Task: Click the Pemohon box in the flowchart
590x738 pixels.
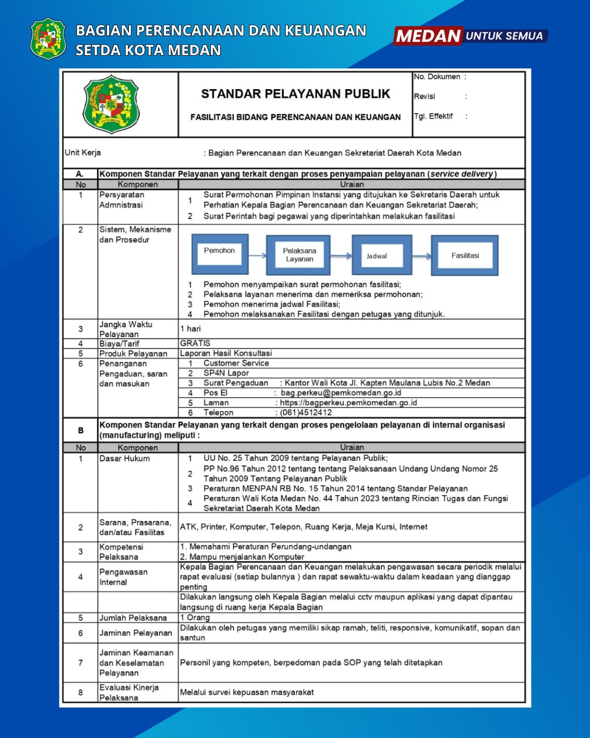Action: point(220,254)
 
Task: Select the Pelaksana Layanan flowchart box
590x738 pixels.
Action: point(299,255)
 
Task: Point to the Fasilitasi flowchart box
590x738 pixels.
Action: point(465,255)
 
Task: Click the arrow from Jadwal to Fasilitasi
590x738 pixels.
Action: point(422,256)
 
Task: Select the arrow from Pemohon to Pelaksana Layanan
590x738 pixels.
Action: point(257,255)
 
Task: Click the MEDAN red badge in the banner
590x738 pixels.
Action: point(428,36)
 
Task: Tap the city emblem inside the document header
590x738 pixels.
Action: point(111,104)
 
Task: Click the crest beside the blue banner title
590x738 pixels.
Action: point(48,38)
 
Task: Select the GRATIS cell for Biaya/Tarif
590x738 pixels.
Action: point(195,343)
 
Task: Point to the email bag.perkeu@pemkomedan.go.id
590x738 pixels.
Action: point(341,393)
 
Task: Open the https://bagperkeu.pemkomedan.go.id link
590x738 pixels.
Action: point(349,402)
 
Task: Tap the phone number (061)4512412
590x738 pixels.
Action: point(306,413)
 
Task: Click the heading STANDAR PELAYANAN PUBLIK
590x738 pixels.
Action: point(296,94)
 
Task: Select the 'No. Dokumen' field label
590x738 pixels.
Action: point(437,77)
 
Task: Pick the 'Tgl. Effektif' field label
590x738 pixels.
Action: point(433,116)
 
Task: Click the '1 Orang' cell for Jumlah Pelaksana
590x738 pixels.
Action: point(195,617)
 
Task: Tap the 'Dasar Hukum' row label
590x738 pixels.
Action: point(125,459)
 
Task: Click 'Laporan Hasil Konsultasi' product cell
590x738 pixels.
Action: point(226,353)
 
